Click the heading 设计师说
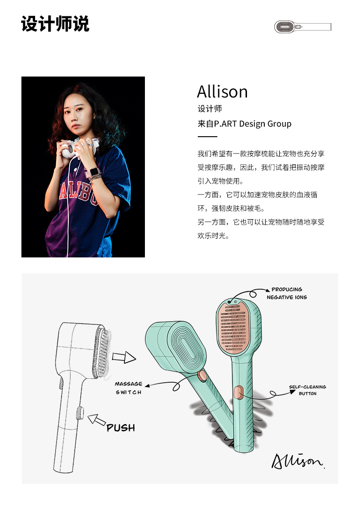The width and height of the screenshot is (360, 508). coord(55,24)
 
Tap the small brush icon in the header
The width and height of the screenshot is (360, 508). coord(303,27)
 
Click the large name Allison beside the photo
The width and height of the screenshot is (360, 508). coord(222,92)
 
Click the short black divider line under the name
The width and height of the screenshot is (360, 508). coord(207,136)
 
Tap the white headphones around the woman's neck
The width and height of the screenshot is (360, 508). coord(75,148)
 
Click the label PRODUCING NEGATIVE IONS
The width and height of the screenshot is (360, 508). coord(287,293)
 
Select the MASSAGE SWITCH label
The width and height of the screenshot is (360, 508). coord(129,388)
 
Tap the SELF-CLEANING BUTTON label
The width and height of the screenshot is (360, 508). coord(308,390)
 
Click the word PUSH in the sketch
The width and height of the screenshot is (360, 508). coord(121,428)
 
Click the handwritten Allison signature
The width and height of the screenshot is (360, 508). coord(298,460)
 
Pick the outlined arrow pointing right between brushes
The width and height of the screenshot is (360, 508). coord(124,357)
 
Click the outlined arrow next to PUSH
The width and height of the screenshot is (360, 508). coord(97,420)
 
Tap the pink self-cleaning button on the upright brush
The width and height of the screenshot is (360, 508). coord(237,392)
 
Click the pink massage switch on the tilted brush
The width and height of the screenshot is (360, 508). coord(202,375)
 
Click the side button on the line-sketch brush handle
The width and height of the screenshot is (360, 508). coord(80,413)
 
